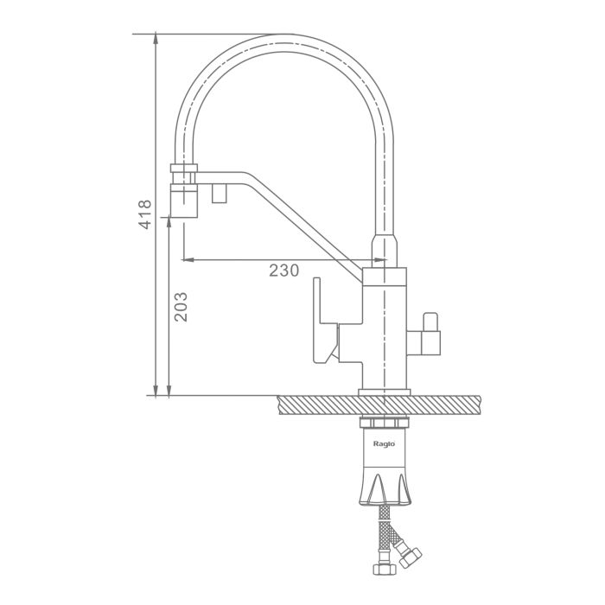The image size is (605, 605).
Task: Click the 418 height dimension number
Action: [x=144, y=214]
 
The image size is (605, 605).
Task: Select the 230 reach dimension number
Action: [x=284, y=271]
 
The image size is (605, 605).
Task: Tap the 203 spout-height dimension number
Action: [x=180, y=307]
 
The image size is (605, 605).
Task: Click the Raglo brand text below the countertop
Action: [x=384, y=443]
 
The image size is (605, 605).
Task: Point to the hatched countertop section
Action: [x=379, y=405]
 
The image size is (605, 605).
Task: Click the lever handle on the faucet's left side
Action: [x=325, y=321]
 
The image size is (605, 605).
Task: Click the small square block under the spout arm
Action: [x=220, y=193]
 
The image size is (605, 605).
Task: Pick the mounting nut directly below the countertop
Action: [x=384, y=423]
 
